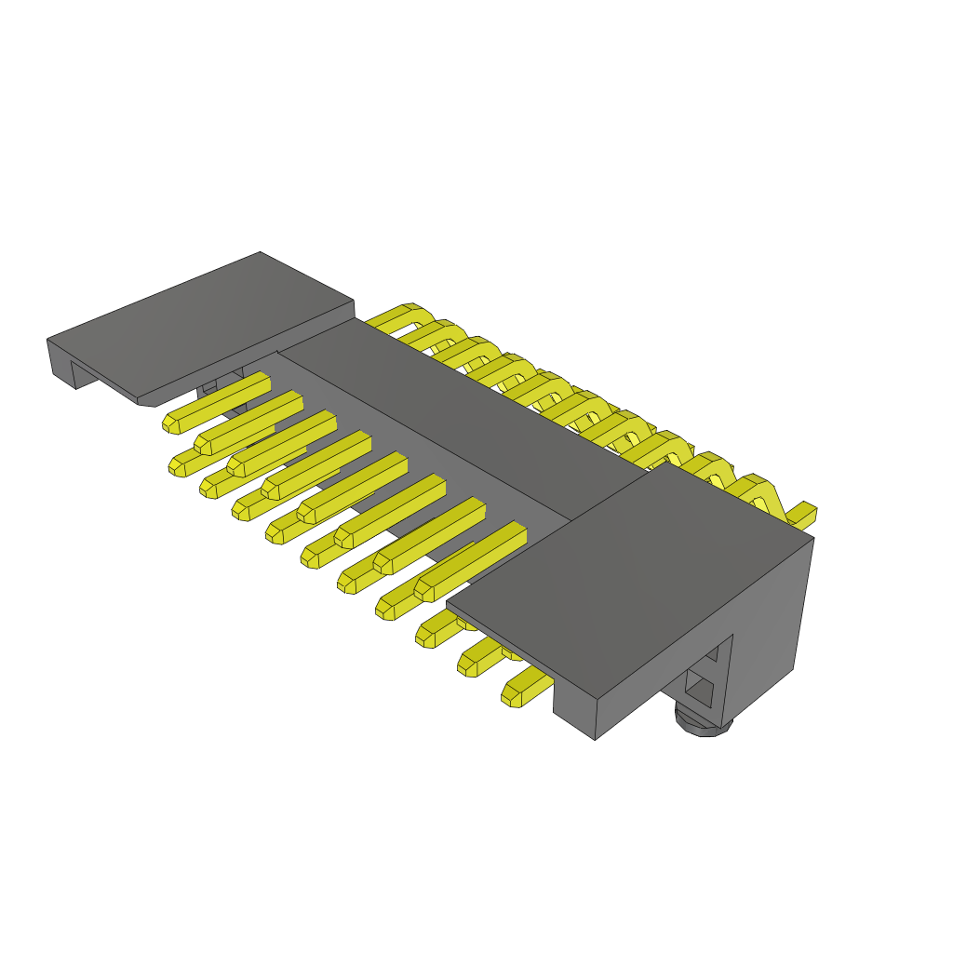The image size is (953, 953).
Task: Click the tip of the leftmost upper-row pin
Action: (x=172, y=423)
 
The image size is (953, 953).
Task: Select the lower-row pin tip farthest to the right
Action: (x=513, y=693)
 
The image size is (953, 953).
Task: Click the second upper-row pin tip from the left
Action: (x=204, y=443)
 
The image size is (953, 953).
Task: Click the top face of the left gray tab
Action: (x=205, y=326)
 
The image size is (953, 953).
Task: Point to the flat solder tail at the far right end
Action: (x=802, y=512)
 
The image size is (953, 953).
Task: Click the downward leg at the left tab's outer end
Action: (x=61, y=362)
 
